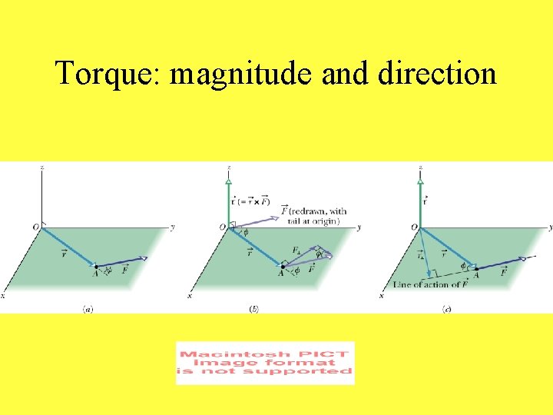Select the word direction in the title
coord(432,75)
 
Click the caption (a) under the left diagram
coord(88,308)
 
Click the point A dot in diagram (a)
coord(96,267)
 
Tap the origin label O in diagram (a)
coord(35,227)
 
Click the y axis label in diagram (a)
coord(173,227)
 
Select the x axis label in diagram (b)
coord(189,295)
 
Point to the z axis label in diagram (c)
coord(421,167)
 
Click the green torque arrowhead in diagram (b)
coord(228,182)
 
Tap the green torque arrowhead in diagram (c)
coord(420,182)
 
